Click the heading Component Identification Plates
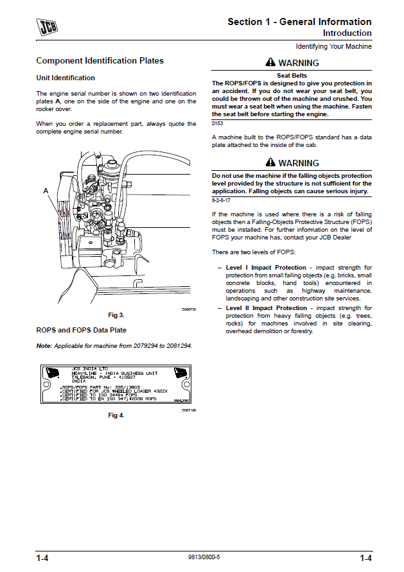click(x=100, y=61)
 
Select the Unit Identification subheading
click(x=66, y=78)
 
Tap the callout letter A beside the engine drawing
click(x=46, y=191)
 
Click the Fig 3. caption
click(x=116, y=315)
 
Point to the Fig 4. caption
click(x=116, y=415)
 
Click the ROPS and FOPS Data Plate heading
click(x=81, y=330)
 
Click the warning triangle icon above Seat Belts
click(x=270, y=63)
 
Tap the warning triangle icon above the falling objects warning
click(x=270, y=163)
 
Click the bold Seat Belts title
click(x=292, y=76)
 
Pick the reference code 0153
click(x=217, y=123)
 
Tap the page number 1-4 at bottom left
click(x=43, y=557)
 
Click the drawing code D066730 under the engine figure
click(x=188, y=309)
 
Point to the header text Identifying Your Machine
click(x=333, y=47)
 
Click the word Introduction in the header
click(x=347, y=33)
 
